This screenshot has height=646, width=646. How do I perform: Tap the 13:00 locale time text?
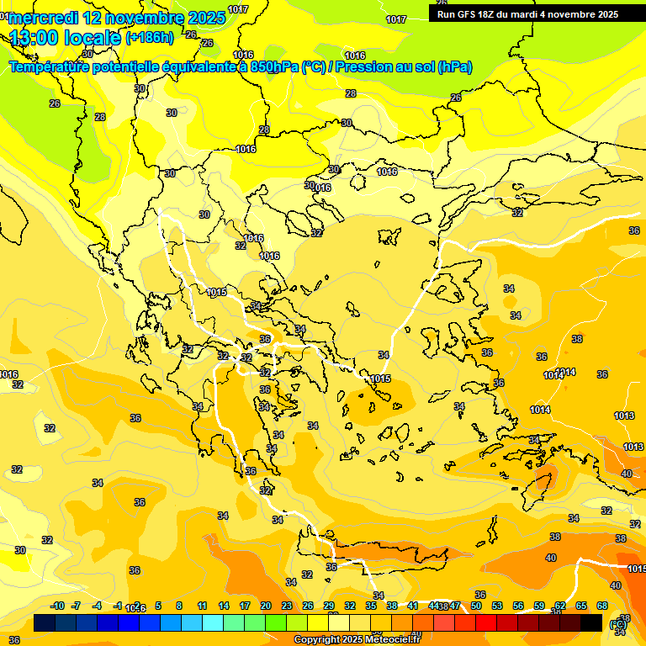[x=66, y=38]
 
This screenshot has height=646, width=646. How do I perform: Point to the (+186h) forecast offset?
[x=151, y=38]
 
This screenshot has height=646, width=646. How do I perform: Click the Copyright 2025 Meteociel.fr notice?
[x=356, y=640]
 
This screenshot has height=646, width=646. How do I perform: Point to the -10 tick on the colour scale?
[x=57, y=606]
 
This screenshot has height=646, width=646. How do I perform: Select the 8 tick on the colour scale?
[x=179, y=606]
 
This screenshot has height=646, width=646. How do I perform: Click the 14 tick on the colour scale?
[x=223, y=606]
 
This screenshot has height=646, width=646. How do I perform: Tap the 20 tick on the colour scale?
[x=266, y=606]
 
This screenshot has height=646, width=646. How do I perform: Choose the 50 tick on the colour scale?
[x=476, y=606]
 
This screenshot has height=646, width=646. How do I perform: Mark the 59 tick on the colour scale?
[x=539, y=606]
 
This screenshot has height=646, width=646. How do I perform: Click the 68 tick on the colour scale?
[x=602, y=606]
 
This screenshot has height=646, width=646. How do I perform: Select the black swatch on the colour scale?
[x=591, y=622]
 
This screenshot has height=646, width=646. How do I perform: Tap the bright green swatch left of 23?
[x=276, y=622]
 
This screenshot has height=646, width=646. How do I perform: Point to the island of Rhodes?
[x=541, y=484]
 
